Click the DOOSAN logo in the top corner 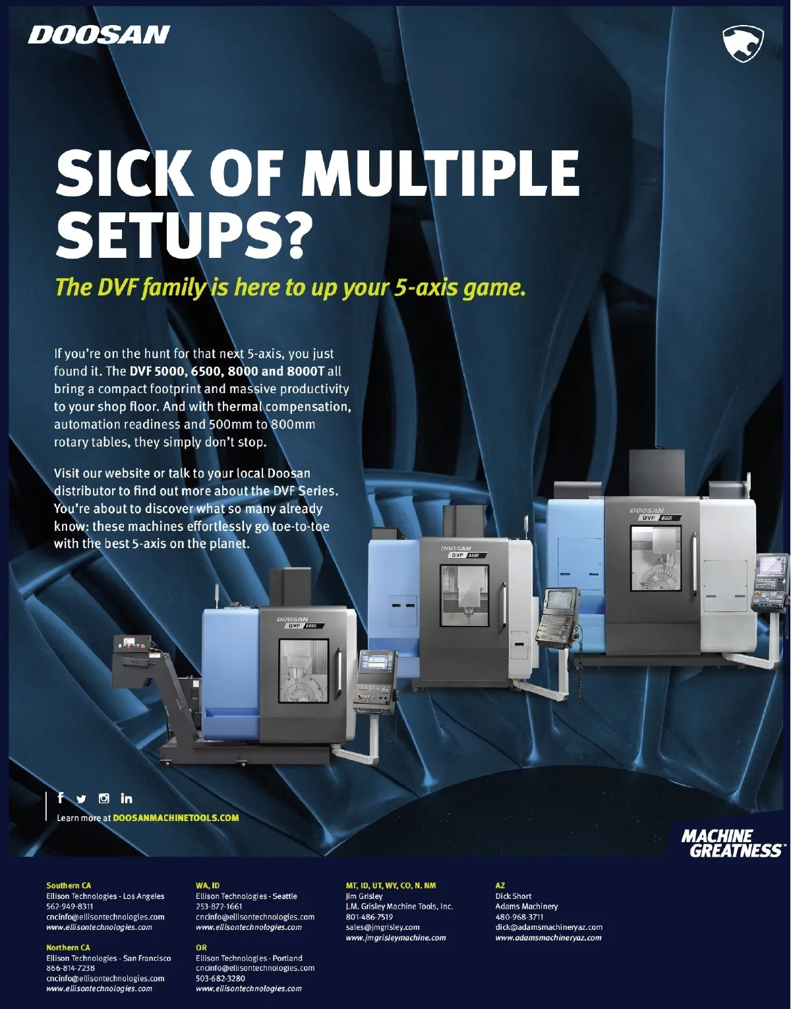[99, 35]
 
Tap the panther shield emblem [743, 44]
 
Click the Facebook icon [60, 798]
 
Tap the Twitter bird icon [81, 799]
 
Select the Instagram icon [104, 798]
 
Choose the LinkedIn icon [126, 798]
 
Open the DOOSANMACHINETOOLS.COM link [176, 818]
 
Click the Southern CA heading [69, 886]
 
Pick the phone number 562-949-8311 [70, 906]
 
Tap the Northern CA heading [68, 947]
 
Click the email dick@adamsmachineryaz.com [549, 927]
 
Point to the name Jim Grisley [364, 896]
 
